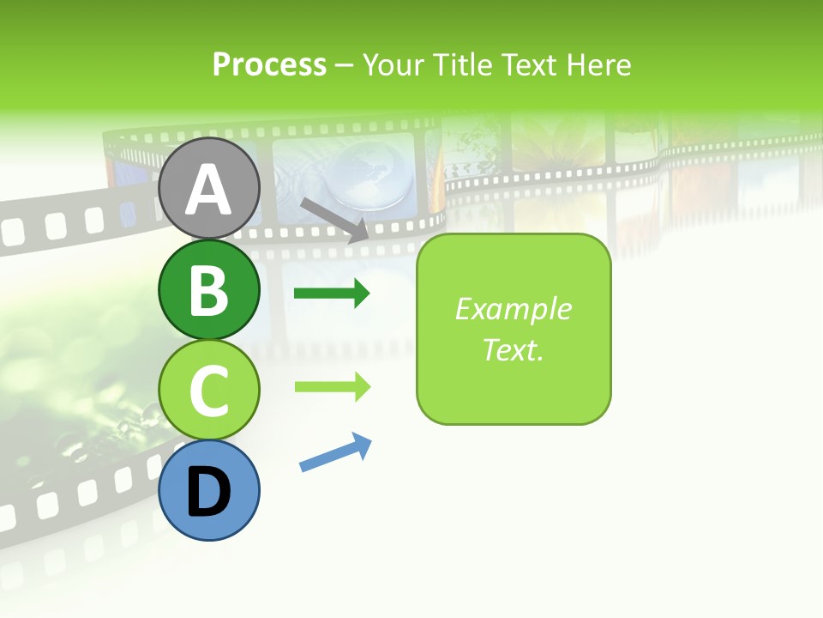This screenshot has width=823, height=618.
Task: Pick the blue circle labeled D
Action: [208, 490]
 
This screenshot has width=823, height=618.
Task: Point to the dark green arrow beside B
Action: [332, 294]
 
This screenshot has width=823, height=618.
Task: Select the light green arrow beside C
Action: [332, 386]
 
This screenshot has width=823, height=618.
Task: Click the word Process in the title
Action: [269, 64]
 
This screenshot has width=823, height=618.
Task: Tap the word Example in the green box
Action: [513, 309]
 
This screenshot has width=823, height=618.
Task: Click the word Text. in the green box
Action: [513, 349]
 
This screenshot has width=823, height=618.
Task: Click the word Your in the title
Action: [393, 64]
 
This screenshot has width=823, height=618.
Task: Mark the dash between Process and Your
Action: [344, 66]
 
